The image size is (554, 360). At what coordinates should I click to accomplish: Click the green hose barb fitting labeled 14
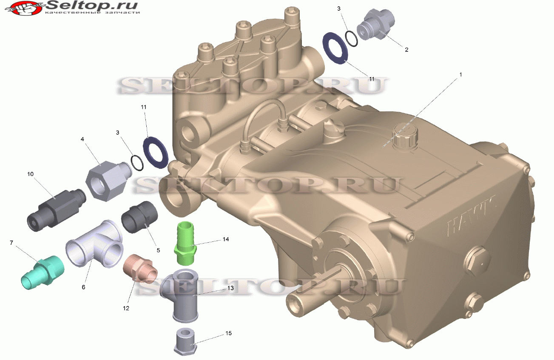pos(185,243)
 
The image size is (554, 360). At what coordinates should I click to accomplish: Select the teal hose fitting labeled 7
pos(43,272)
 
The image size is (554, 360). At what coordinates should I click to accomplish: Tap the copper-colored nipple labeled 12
pos(140,269)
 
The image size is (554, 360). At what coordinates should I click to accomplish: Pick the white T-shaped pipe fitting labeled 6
pos(94,244)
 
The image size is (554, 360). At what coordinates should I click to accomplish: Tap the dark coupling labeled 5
pos(139,217)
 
